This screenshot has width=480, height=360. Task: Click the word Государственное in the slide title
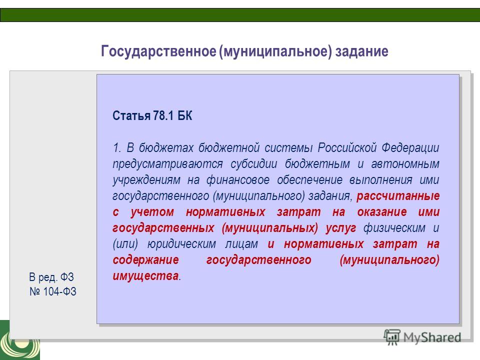point(158,51)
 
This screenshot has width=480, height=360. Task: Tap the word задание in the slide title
point(362,51)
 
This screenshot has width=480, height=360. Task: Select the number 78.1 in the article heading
point(163,115)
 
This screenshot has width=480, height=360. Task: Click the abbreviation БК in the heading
point(185,115)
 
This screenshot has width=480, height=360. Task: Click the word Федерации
point(410,148)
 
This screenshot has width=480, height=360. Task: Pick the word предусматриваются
point(168,164)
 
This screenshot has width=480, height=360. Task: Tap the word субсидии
point(254,163)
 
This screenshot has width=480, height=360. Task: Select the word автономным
point(405,164)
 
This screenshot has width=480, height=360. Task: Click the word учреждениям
point(146,180)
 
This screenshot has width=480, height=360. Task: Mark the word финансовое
point(238,179)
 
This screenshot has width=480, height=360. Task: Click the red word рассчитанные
point(398,196)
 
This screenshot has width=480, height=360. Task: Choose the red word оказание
point(382,212)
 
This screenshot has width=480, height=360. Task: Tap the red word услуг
point(340,228)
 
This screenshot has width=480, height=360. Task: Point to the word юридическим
point(182,244)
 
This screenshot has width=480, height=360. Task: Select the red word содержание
point(145,260)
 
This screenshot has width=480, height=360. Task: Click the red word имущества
point(145,276)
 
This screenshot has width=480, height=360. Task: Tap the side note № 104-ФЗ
point(53,291)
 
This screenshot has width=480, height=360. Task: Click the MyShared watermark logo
point(422,337)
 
